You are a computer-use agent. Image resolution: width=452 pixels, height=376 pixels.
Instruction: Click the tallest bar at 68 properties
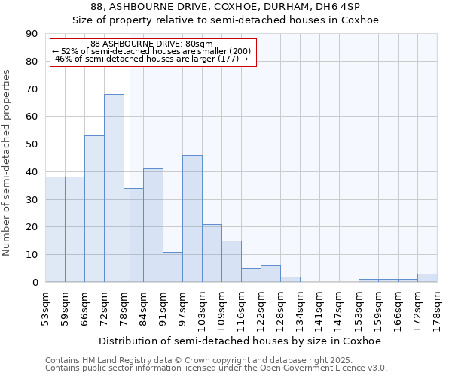(114, 188)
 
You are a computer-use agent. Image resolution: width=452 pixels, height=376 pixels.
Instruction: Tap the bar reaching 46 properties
(192, 218)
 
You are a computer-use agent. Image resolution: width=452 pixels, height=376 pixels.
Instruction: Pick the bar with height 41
(153, 226)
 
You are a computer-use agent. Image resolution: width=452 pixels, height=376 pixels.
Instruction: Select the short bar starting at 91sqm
(173, 267)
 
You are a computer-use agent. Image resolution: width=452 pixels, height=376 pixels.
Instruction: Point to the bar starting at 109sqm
(231, 262)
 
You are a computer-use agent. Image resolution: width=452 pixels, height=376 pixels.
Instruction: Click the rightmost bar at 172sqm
(427, 278)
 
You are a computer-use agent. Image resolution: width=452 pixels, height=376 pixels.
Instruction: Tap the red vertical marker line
(130, 188)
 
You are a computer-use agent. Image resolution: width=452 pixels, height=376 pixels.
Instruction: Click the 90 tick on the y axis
(32, 34)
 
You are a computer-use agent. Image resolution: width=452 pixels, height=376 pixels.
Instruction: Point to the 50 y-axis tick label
(32, 144)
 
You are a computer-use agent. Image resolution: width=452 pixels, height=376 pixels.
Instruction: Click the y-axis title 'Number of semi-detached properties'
(7, 162)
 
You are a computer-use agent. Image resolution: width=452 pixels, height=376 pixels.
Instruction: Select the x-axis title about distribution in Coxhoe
(240, 341)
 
